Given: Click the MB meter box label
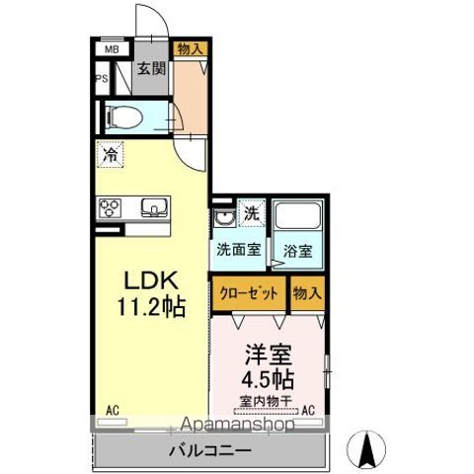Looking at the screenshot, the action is (112, 49).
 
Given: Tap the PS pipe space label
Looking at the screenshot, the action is (102, 79).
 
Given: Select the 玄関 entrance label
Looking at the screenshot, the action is (151, 68).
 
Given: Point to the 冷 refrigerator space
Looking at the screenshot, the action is (110, 155).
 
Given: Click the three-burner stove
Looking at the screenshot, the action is (110, 208).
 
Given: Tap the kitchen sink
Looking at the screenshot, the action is (154, 207).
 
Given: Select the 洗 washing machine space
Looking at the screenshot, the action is (252, 213).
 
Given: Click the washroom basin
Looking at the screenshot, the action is (224, 217).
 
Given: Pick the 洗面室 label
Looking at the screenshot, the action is (239, 250).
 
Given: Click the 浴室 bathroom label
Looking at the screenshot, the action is (297, 252).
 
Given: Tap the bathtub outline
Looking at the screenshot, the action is (297, 216).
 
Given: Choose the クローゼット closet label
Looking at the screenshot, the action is (249, 293).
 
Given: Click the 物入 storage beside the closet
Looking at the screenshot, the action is (307, 293).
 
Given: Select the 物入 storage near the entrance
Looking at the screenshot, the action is (190, 49).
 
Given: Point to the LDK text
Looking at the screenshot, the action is (151, 280).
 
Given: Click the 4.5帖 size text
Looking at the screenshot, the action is (268, 379).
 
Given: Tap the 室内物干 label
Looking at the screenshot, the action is (266, 401).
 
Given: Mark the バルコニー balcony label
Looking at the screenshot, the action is (210, 450).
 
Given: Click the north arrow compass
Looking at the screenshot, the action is (366, 449).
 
